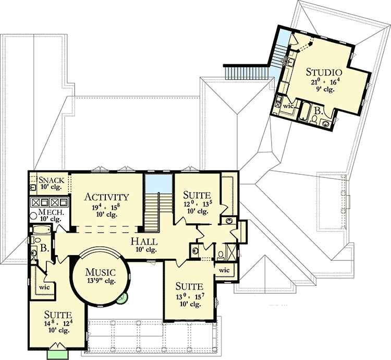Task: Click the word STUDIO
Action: pyautogui.click(x=323, y=72)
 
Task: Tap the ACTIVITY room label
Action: pyautogui.click(x=106, y=197)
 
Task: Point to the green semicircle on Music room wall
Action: pyautogui.click(x=122, y=298)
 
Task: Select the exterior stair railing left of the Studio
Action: pyautogui.click(x=245, y=72)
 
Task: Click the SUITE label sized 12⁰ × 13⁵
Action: pyautogui.click(x=198, y=195)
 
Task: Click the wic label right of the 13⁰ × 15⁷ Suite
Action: pyautogui.click(x=224, y=270)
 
